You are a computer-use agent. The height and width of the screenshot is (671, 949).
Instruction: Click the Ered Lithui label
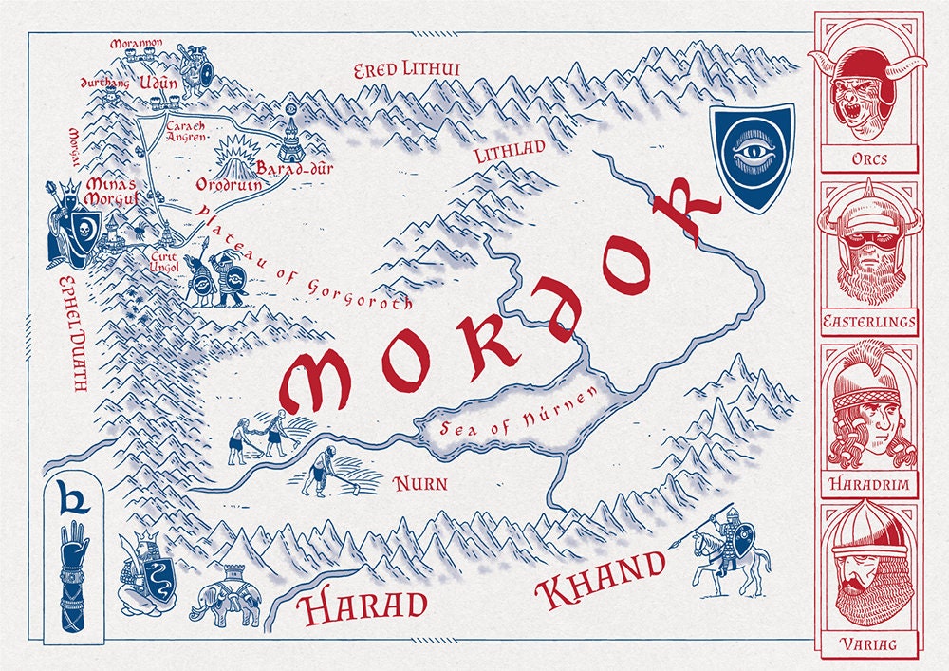tap(406, 71)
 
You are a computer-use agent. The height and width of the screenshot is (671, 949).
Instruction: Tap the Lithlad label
tap(510, 150)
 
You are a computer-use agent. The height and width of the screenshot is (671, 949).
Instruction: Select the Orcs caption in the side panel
tap(869, 158)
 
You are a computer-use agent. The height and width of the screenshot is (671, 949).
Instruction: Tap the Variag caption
tap(869, 646)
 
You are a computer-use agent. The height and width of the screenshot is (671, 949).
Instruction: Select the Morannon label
tap(137, 44)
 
